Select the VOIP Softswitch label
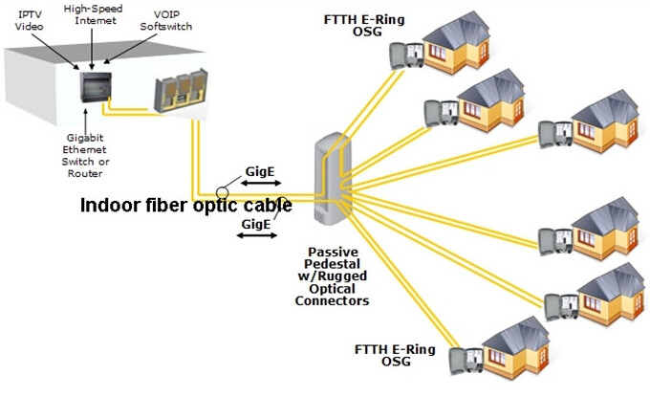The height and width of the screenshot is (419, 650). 165,19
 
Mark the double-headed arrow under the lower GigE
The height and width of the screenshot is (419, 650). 256,235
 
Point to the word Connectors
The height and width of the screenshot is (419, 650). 332,300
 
